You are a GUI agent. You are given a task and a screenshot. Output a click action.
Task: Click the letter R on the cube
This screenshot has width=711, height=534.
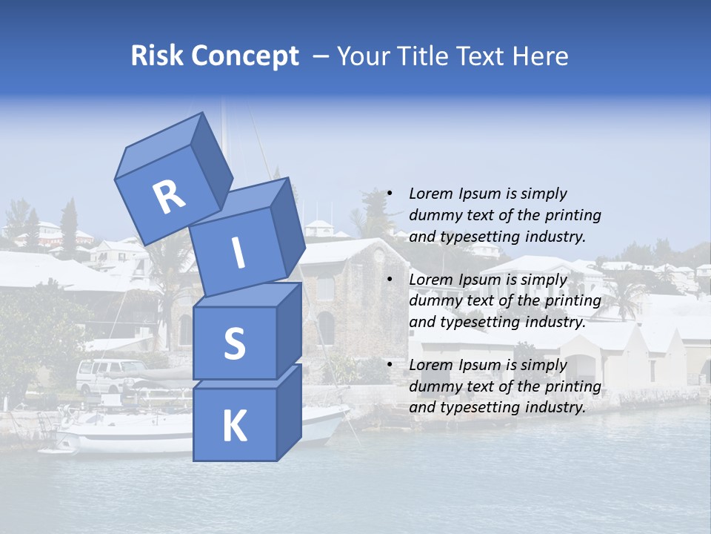coord(169,197)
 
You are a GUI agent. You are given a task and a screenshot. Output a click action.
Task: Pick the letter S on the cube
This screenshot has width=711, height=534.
coord(234,343)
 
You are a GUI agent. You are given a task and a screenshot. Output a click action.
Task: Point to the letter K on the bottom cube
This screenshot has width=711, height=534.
coord(234,426)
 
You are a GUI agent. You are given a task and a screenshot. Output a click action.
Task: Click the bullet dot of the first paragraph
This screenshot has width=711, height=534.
coord(390,194)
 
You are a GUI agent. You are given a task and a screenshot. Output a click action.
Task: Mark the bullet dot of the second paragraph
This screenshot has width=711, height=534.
coord(390,280)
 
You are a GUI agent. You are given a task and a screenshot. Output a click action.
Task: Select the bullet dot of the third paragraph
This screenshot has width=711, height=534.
coord(390,365)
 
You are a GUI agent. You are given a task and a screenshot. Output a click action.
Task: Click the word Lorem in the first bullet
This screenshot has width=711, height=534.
coord(430,194)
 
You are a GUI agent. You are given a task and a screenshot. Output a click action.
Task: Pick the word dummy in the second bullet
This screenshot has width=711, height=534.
coord(432,301)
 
